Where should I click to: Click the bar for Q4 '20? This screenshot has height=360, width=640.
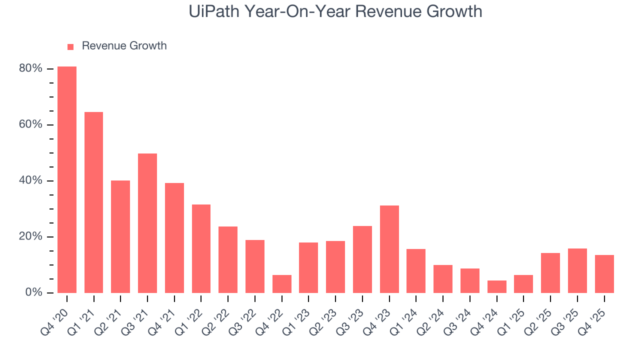(x=67, y=179)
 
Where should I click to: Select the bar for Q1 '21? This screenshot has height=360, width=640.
(x=93, y=202)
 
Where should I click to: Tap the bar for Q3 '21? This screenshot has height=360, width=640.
(x=147, y=223)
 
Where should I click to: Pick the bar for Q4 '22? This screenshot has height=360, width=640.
(x=282, y=284)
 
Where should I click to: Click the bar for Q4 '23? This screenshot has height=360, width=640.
(x=389, y=249)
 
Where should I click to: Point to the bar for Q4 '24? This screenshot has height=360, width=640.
(x=497, y=286)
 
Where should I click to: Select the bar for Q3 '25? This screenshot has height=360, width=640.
(x=577, y=270)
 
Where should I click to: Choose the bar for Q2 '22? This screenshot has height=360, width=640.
(x=228, y=259)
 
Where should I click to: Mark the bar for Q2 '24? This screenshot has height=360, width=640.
(x=443, y=279)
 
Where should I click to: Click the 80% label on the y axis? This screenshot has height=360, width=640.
(x=30, y=68)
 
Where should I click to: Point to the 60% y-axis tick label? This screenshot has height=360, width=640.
(x=30, y=124)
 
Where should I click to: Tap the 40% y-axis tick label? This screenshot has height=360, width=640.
(x=30, y=180)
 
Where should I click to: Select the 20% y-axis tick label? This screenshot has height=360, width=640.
(x=30, y=236)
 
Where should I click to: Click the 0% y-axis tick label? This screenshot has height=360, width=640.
(x=33, y=292)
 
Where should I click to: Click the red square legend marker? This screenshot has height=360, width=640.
(x=70, y=46)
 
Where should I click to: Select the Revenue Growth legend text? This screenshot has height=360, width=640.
(x=124, y=46)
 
